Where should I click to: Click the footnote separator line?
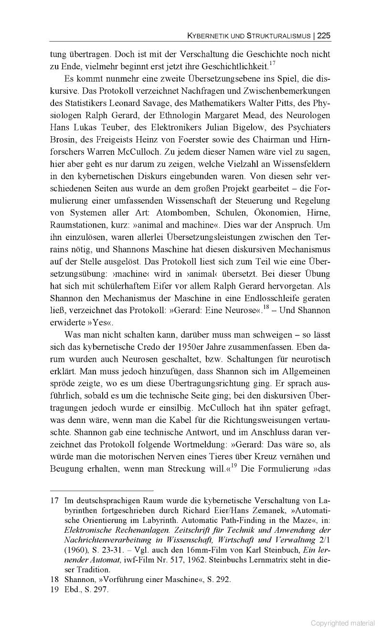point(101,490)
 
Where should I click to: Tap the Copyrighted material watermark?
point(342,623)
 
